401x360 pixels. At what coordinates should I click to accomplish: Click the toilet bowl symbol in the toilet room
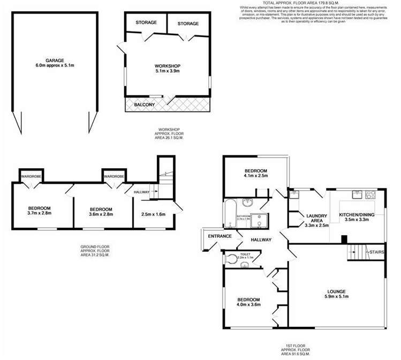click(x=231, y=259)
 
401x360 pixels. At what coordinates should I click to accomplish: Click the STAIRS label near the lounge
click(x=377, y=251)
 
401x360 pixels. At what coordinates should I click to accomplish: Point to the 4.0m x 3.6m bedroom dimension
click(x=248, y=305)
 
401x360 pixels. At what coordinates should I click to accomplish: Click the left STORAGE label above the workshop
click(x=146, y=23)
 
